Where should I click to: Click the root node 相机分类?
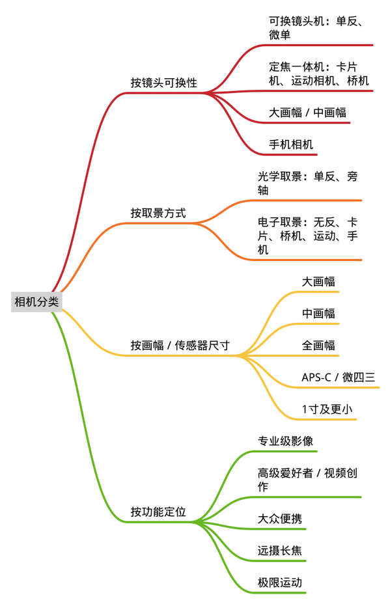pos(36,301)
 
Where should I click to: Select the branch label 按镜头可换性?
pos(164,83)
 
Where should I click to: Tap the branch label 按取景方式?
pos(158,213)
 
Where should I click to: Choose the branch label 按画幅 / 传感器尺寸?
pos(180,345)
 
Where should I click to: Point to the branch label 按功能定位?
pos(158,512)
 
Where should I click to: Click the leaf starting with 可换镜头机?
pos(316,28)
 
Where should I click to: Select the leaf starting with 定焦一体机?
pos(318,74)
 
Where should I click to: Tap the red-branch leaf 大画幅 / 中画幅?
pos(307,113)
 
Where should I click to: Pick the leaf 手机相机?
pos(291,144)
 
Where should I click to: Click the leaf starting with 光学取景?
pos(307,183)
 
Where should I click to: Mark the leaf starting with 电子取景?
pos(307,236)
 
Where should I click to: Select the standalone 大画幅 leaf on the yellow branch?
pos(318,282)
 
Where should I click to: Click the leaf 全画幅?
pos(318,345)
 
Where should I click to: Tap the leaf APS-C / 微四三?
pos(339,377)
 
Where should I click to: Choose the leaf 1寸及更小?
pos(327,409)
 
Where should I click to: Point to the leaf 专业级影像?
pos(285,441)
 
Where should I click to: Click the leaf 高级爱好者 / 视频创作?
pos(307,480)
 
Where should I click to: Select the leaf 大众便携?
pos(280,519)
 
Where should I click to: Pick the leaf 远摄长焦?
pos(280,551)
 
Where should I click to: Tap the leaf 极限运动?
pos(280,583)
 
